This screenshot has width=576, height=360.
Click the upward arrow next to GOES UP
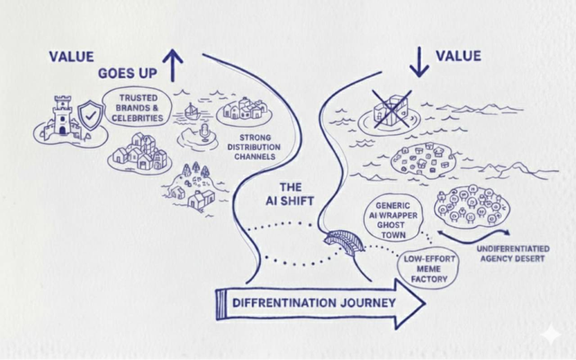[x=173, y=64]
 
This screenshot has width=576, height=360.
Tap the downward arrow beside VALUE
[x=418, y=62]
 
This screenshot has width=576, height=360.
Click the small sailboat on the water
[x=192, y=111]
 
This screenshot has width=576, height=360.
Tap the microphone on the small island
[x=205, y=133]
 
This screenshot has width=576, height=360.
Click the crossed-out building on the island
[x=391, y=107]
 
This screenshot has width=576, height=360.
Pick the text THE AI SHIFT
[x=291, y=193]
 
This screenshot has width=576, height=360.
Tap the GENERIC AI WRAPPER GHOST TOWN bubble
[x=393, y=220]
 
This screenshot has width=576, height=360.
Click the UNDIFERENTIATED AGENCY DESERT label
[x=512, y=254]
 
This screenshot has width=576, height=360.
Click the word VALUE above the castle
[x=71, y=56]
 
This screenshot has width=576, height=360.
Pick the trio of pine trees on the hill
[x=196, y=169]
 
